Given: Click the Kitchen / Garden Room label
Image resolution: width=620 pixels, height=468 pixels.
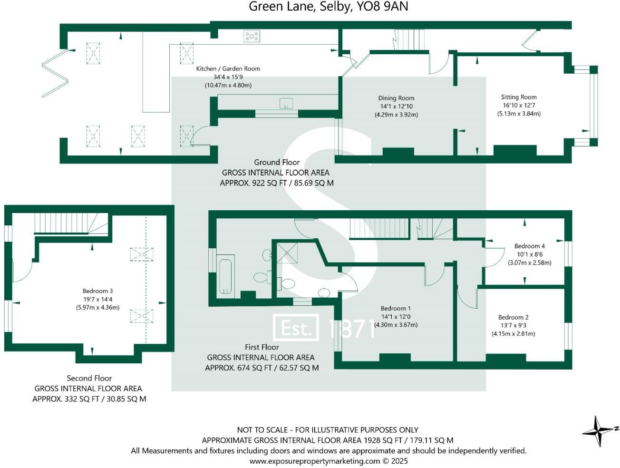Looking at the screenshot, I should tap(228, 68).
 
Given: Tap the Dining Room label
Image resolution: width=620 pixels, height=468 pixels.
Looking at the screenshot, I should tap(396, 98).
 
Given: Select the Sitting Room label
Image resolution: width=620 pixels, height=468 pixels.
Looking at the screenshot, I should tap(519, 97).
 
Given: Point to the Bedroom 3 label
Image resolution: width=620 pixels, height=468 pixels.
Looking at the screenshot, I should tap(97, 291).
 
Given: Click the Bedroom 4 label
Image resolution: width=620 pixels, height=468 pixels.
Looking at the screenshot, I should tap(529, 246).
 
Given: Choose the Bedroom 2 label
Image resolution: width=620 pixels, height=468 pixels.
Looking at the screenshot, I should tap(513, 317).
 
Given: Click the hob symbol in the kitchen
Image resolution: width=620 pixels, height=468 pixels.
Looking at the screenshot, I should tap(252, 36).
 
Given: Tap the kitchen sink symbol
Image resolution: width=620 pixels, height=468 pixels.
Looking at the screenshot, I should tap(286, 103).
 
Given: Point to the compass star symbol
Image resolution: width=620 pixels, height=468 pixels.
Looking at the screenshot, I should tap(599, 431).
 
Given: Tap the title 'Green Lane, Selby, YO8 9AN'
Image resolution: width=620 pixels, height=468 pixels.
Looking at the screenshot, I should tap(329, 7).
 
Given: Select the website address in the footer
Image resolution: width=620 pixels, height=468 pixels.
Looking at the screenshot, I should tap(329, 460).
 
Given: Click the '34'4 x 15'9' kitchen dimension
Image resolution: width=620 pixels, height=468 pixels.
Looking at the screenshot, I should tap(228, 77).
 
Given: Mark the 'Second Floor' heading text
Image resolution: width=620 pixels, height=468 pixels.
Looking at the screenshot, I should tap(89, 378).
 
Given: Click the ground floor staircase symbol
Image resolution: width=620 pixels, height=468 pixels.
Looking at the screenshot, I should tap(409, 39).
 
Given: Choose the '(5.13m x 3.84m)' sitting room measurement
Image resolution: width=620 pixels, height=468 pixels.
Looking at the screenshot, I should tap(519, 114).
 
